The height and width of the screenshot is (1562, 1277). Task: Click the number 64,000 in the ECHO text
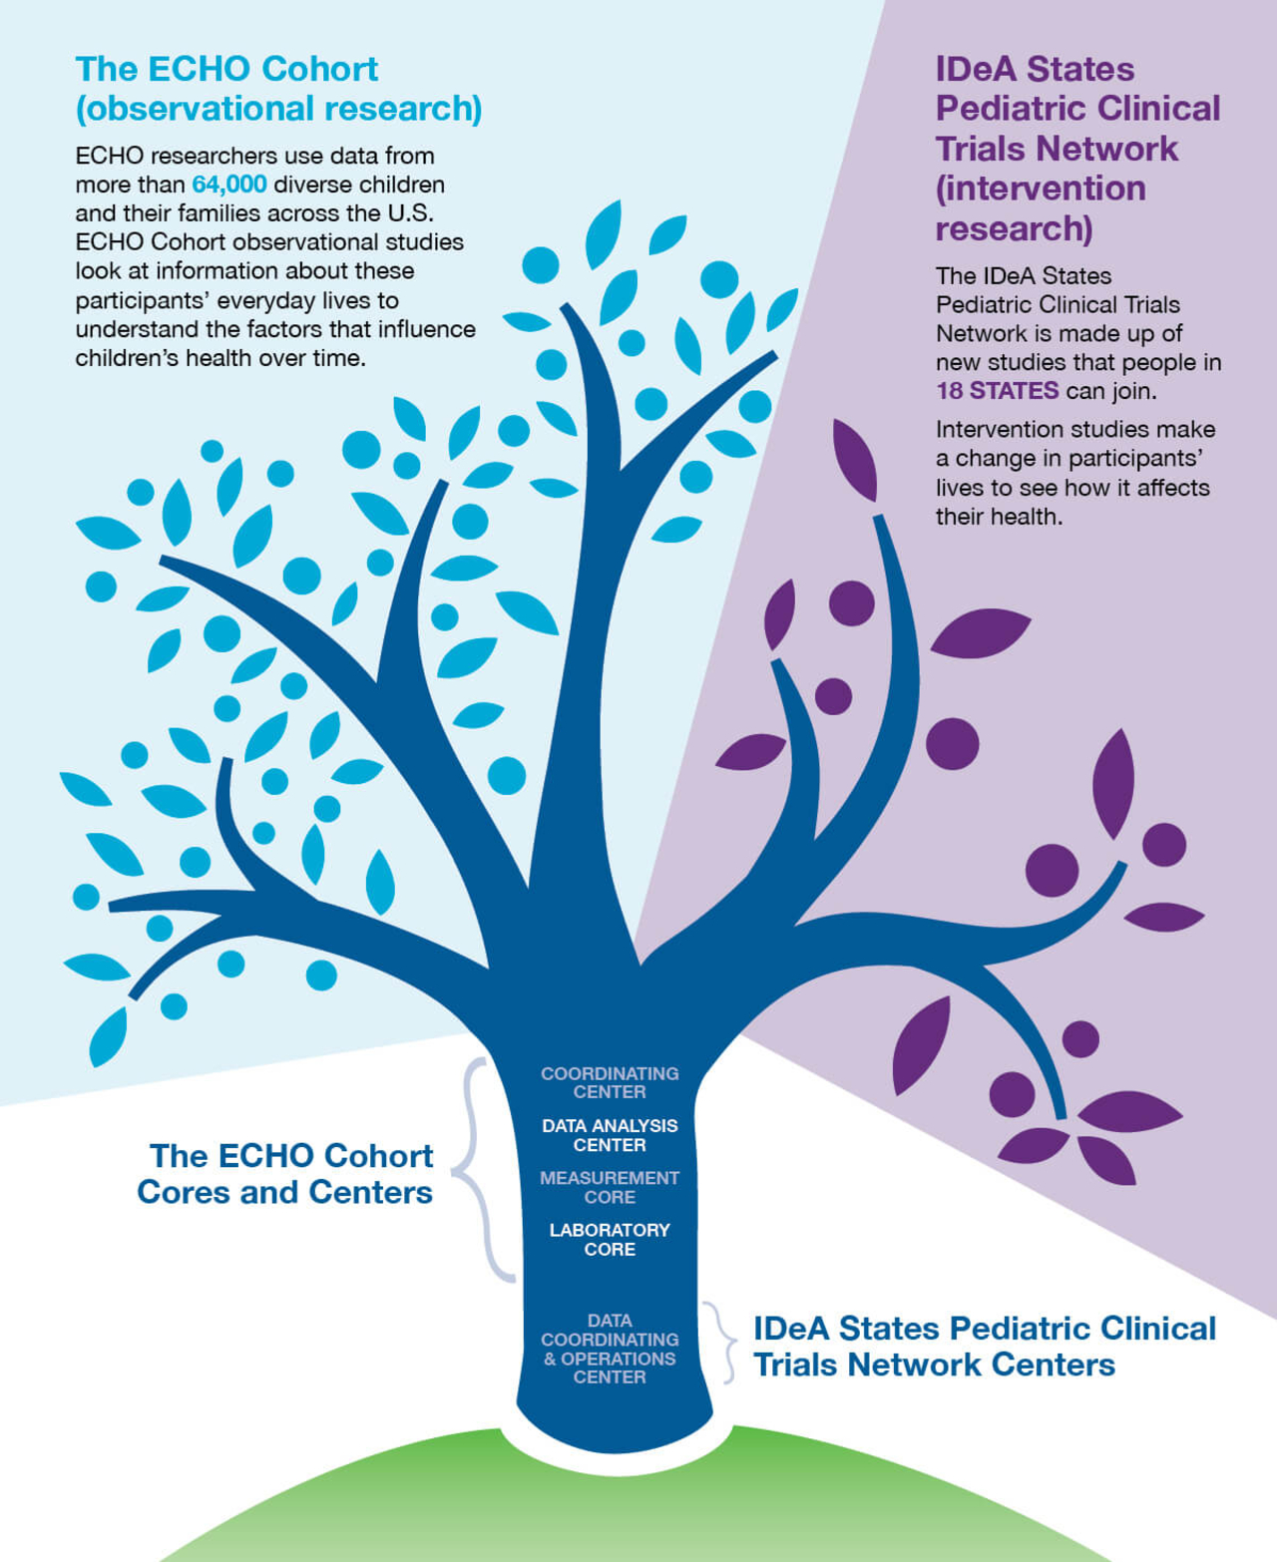(228, 185)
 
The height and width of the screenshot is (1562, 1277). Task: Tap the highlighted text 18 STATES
(997, 391)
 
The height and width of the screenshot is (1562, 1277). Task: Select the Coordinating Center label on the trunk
(610, 1082)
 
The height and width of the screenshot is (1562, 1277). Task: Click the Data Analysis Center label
(610, 1135)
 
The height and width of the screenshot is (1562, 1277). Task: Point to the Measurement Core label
(610, 1187)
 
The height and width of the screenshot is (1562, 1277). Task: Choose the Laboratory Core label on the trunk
(610, 1239)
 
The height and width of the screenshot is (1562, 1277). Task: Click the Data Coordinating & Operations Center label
(610, 1349)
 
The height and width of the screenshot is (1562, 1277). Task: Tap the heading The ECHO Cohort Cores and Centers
(286, 1174)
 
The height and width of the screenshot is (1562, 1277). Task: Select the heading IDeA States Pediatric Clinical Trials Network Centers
(984, 1347)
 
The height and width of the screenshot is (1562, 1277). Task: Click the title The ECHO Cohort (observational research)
(277, 89)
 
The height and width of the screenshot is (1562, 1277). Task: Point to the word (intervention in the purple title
(1041, 189)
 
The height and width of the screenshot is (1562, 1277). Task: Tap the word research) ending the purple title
(1014, 228)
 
